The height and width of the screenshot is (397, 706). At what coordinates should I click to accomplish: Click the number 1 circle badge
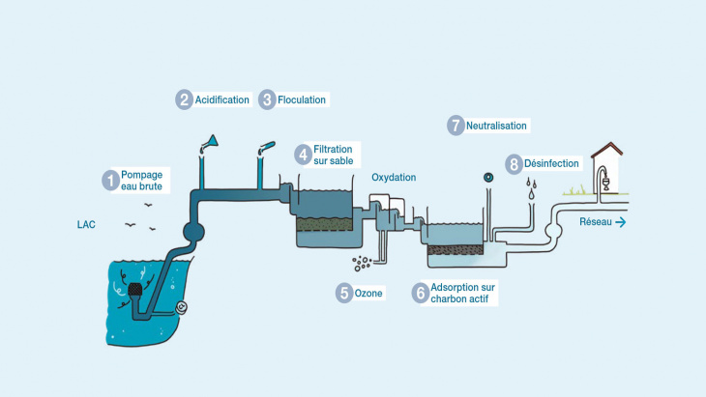[111, 180]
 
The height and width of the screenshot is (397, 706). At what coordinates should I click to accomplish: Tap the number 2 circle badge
[184, 99]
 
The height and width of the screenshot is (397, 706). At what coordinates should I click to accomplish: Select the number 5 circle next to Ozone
[344, 293]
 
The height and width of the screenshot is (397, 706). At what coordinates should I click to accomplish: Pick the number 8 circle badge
[514, 163]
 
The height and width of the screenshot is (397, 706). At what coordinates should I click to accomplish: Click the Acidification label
[222, 100]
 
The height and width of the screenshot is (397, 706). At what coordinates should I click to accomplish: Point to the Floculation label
[302, 100]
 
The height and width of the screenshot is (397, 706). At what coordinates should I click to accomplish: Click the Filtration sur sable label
[333, 156]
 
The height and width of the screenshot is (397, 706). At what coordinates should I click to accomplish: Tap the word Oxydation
[394, 178]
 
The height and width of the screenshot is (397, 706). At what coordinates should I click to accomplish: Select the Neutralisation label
[496, 126]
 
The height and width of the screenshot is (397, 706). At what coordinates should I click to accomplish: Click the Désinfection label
[551, 164]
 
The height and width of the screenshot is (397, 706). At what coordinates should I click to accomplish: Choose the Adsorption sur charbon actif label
[462, 294]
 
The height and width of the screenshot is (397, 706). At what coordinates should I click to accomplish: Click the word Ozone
[369, 293]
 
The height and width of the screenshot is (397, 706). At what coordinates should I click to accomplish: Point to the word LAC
[86, 225]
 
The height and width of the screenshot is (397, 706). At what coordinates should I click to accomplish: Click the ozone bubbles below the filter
[363, 263]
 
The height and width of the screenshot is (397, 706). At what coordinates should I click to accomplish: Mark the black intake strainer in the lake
[136, 289]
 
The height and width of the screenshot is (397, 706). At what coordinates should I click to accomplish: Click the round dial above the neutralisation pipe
[488, 177]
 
